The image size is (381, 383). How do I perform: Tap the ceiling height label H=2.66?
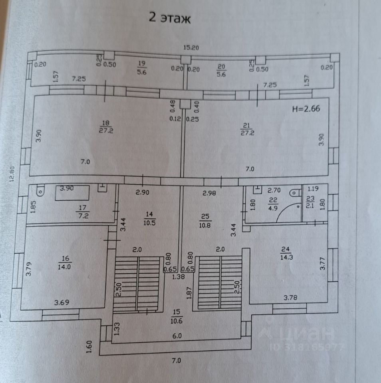pyautogui.click(x=306, y=108)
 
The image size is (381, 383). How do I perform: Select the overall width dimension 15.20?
pyautogui.click(x=191, y=48)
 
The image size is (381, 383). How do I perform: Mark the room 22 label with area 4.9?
pyautogui.click(x=273, y=205)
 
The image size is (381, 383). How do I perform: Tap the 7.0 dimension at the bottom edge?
pyautogui.click(x=176, y=361)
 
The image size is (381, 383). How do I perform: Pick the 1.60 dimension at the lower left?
pyautogui.click(x=90, y=345)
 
